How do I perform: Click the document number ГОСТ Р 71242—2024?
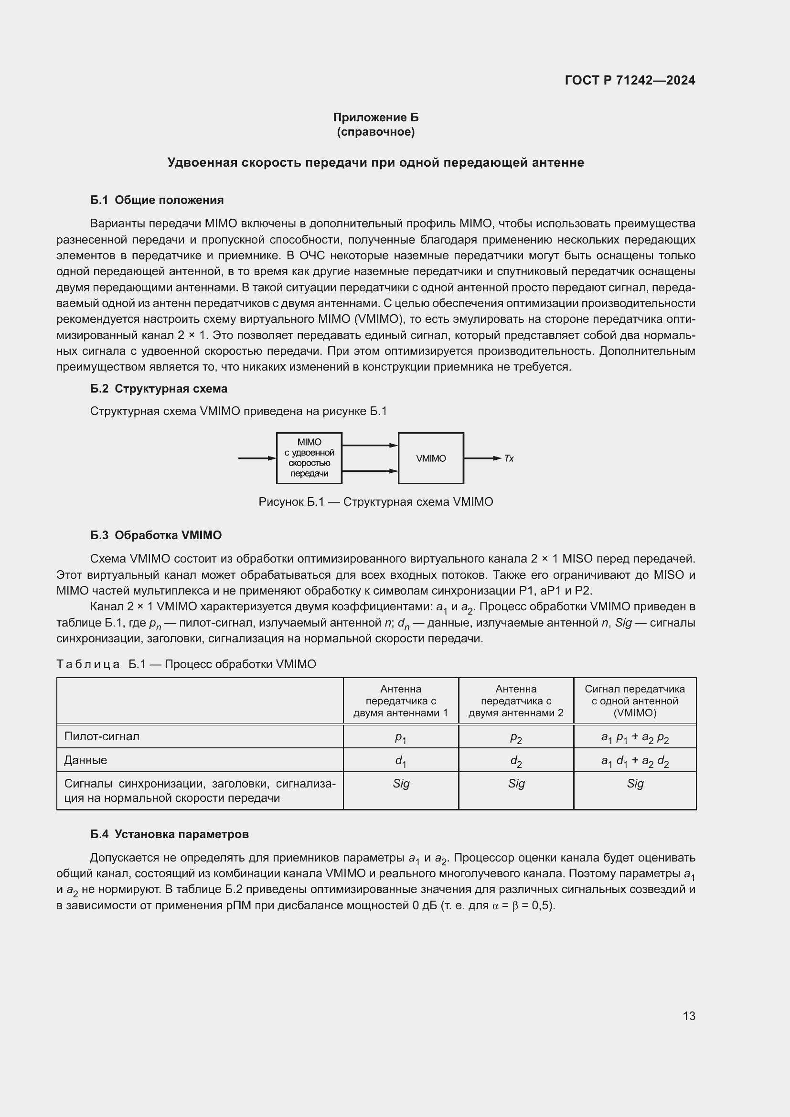click(x=630, y=80)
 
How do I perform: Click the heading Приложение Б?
click(x=375, y=117)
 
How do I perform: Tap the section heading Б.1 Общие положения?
click(x=157, y=200)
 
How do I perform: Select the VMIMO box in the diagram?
click(x=430, y=458)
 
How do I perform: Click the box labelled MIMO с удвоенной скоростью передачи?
click(x=309, y=458)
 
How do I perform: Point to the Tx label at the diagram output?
click(x=509, y=459)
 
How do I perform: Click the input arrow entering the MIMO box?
click(x=257, y=458)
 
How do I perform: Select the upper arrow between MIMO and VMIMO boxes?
click(x=370, y=445)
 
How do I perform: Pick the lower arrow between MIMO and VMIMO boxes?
click(x=370, y=471)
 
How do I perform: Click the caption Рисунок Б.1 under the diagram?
click(x=375, y=502)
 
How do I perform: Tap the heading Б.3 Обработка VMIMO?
click(x=156, y=535)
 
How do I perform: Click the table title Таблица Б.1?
click(x=186, y=664)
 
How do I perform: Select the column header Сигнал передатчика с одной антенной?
click(x=634, y=701)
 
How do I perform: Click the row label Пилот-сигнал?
click(x=102, y=736)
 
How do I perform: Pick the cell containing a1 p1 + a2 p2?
click(x=634, y=737)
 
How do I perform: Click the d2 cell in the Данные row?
click(x=516, y=761)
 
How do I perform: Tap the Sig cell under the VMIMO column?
click(x=634, y=783)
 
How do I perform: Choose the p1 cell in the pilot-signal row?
click(x=400, y=737)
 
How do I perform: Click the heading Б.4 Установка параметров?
click(x=169, y=834)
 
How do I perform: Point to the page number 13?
click(x=689, y=1016)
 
